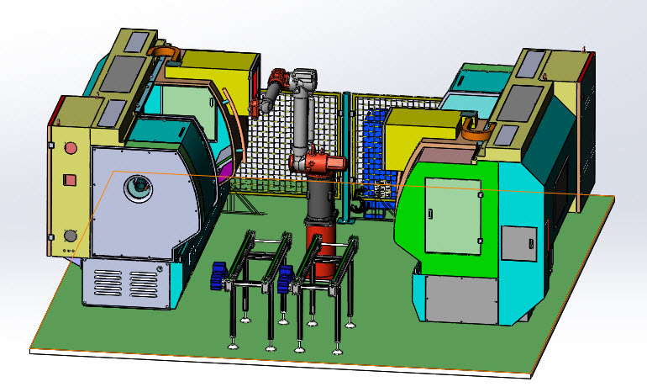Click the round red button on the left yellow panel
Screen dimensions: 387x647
click(71, 149)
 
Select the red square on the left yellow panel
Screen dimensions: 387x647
click(71, 178)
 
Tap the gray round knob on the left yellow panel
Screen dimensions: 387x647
click(71, 236)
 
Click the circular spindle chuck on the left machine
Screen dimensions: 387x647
click(134, 188)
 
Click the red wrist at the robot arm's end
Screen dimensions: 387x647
click(276, 82)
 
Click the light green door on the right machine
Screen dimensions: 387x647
click(453, 214)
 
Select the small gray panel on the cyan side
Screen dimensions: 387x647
click(517, 243)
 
